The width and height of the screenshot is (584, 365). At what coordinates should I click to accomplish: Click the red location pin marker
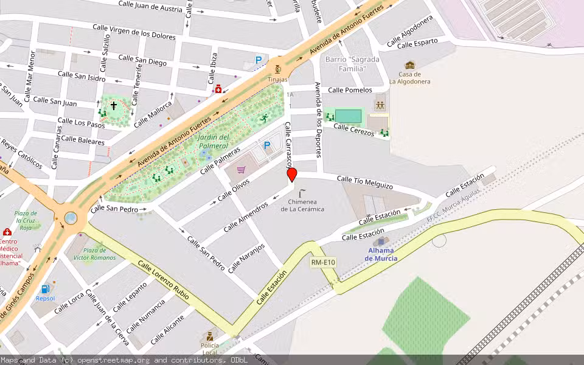[x=292, y=175]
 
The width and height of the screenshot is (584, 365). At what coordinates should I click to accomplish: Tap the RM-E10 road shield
[x=323, y=262]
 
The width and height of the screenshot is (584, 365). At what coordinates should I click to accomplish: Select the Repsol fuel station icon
[x=44, y=289]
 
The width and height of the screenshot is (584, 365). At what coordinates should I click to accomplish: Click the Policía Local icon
[x=209, y=336]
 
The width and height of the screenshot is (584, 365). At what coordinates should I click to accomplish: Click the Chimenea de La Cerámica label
[x=302, y=205]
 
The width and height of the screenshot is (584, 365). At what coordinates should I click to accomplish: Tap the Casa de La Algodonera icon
[x=410, y=65]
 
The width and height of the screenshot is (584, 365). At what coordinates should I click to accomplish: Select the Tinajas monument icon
[x=278, y=68]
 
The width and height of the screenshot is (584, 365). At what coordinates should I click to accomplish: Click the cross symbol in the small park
[x=114, y=106]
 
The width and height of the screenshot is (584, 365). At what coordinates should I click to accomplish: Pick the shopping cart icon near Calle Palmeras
[x=242, y=170]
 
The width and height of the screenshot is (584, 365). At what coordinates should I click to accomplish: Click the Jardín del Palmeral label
[x=213, y=141]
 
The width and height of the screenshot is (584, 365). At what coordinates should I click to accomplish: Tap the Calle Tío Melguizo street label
[x=365, y=182]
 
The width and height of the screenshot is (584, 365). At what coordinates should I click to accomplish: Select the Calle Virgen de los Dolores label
[x=134, y=32]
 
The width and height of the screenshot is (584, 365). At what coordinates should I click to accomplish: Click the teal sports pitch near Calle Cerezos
[x=348, y=116]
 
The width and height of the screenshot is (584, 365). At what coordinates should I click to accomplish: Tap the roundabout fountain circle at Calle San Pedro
[x=71, y=217]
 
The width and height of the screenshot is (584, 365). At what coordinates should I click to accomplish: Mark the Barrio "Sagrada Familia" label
[x=352, y=64]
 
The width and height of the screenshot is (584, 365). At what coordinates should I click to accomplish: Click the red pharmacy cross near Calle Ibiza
[x=218, y=90]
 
